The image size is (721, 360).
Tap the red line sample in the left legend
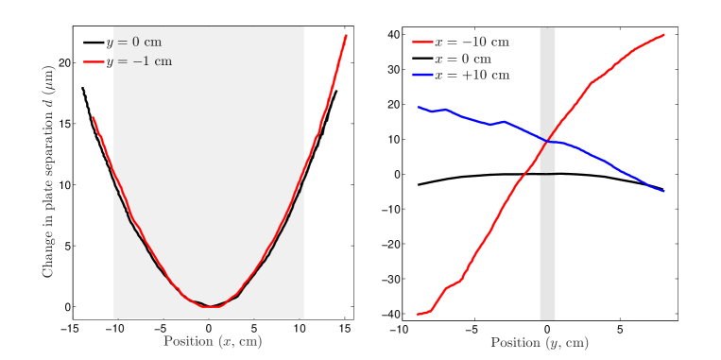(94, 62)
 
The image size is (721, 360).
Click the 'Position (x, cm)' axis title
(213, 341)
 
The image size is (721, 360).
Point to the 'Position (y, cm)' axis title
(539, 342)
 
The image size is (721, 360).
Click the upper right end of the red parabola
(347, 35)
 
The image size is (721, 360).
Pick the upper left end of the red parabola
(93, 118)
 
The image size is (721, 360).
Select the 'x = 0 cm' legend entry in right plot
(463, 59)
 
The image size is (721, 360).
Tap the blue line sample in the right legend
(422, 75)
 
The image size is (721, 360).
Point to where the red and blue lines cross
(546, 142)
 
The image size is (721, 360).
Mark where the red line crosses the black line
(527, 174)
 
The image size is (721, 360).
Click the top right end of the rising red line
(664, 35)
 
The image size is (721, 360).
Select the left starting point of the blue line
(418, 107)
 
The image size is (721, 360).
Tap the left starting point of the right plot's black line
(418, 184)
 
